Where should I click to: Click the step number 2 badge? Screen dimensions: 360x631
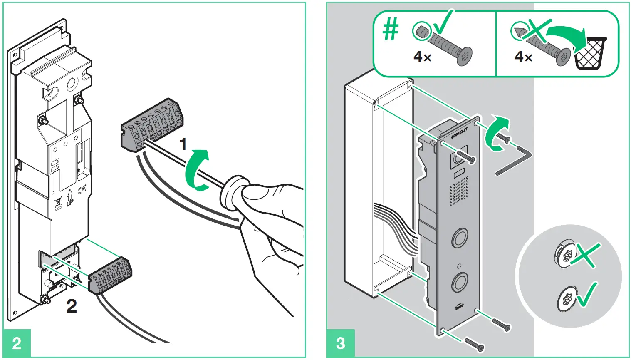pyautogui.click(x=17, y=343)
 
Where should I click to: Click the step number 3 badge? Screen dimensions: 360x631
pyautogui.click(x=340, y=343)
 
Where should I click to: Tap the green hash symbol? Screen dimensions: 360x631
pyautogui.click(x=390, y=30)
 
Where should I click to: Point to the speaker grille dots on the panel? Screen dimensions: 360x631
pyautogui.click(x=459, y=191)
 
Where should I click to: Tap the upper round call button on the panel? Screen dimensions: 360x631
pyautogui.click(x=460, y=238)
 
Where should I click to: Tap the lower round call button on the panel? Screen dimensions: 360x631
pyautogui.click(x=460, y=282)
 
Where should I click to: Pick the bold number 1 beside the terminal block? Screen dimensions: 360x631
pyautogui.click(x=182, y=144)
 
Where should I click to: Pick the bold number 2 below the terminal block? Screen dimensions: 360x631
pyautogui.click(x=72, y=306)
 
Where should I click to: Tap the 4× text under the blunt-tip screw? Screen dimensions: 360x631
pyautogui.click(x=422, y=57)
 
